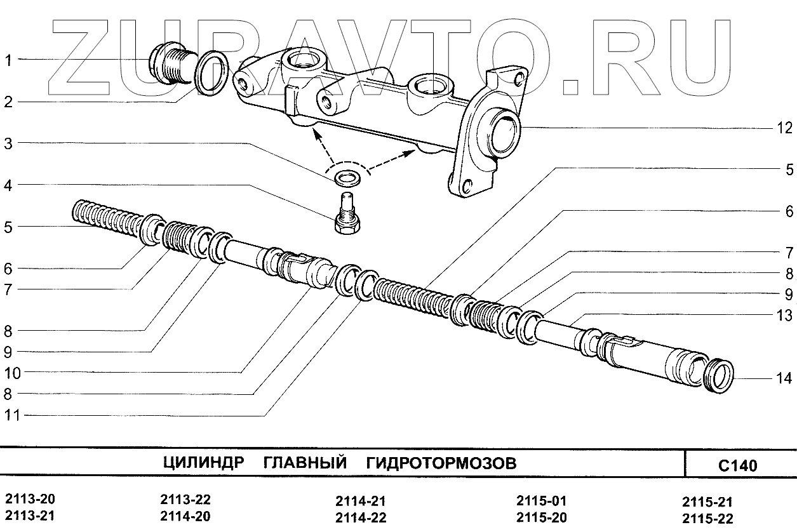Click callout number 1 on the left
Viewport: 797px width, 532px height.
point(8,61)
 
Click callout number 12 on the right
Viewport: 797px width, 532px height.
point(784,128)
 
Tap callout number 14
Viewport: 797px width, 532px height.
point(784,379)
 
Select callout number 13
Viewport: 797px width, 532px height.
point(784,316)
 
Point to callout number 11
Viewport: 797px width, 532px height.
point(11,416)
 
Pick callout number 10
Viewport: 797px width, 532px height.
point(11,373)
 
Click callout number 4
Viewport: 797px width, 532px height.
point(8,186)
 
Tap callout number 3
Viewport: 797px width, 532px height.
point(8,144)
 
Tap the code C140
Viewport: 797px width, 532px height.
point(737,466)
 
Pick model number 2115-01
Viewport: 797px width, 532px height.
point(541,500)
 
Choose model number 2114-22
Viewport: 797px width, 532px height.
point(360,517)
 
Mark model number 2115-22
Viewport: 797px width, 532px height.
point(707,519)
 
